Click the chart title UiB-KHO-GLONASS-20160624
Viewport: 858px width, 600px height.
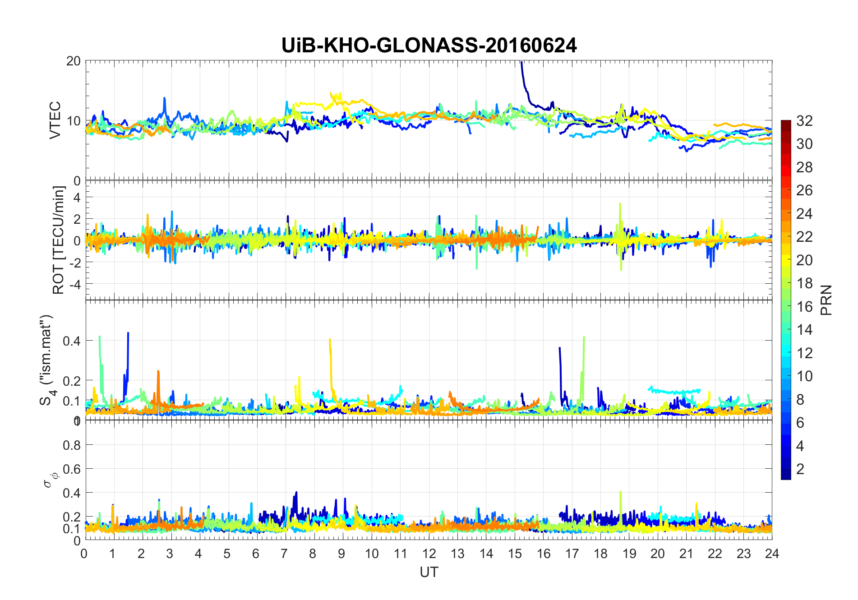click(x=429, y=46)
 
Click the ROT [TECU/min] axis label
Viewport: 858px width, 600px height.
click(x=59, y=240)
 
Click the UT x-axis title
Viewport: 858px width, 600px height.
click(x=429, y=572)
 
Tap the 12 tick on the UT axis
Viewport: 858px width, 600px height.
click(x=429, y=553)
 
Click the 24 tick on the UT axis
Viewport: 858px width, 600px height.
click(x=772, y=553)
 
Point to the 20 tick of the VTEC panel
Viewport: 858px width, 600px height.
click(x=73, y=61)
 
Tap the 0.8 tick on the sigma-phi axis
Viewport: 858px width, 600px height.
click(x=72, y=445)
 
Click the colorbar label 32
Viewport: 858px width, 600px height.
click(x=804, y=121)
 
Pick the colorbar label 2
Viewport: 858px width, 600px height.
click(x=800, y=469)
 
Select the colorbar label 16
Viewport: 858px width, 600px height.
click(x=804, y=307)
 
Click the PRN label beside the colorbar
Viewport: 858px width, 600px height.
click(x=826, y=300)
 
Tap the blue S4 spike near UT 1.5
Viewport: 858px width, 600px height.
click(x=128, y=336)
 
